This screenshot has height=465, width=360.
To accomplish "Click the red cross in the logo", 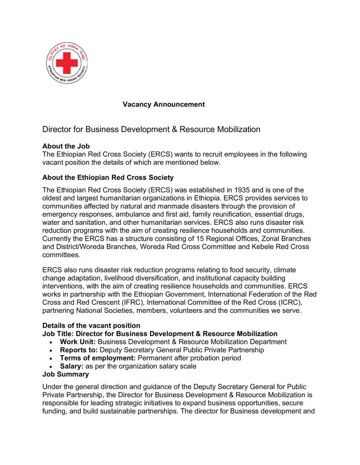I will click(x=67, y=63).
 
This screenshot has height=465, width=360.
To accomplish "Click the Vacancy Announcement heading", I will click(x=164, y=104).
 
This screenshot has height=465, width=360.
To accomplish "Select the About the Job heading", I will click(x=66, y=146).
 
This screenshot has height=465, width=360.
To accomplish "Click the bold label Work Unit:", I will click(x=78, y=341).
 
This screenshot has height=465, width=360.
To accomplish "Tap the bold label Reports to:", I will click(x=79, y=350).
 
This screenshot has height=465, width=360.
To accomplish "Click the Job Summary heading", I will click(x=65, y=374).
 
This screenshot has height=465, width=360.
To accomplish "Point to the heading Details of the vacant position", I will click(x=91, y=326).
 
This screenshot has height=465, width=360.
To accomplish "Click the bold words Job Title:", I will click(x=58, y=334).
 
